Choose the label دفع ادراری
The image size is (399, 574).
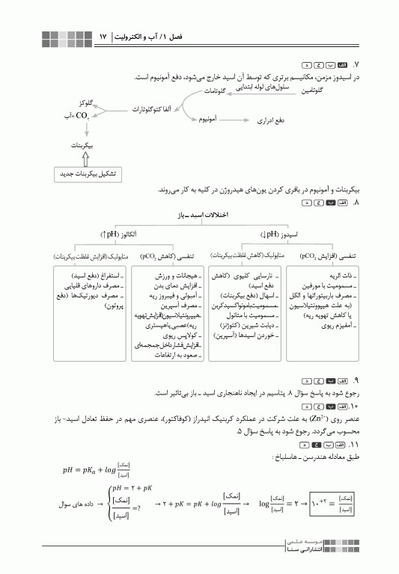point(269,120)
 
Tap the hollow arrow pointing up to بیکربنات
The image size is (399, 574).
point(86,158)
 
